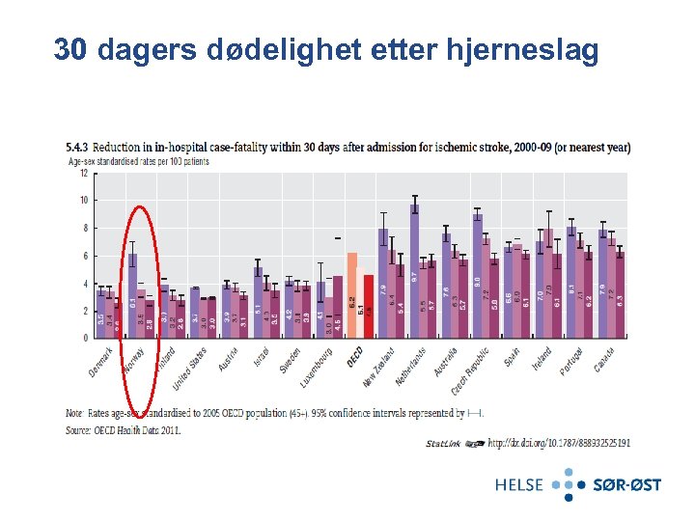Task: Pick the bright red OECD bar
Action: [369, 307]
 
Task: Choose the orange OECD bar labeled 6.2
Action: [352, 295]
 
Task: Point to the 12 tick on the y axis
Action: [82, 173]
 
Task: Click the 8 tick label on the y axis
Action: [84, 229]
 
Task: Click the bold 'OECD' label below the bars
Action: [354, 358]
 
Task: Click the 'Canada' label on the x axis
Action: [605, 360]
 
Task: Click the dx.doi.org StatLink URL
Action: [559, 443]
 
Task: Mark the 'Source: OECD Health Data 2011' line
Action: [124, 430]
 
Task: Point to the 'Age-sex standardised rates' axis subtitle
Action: [138, 161]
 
